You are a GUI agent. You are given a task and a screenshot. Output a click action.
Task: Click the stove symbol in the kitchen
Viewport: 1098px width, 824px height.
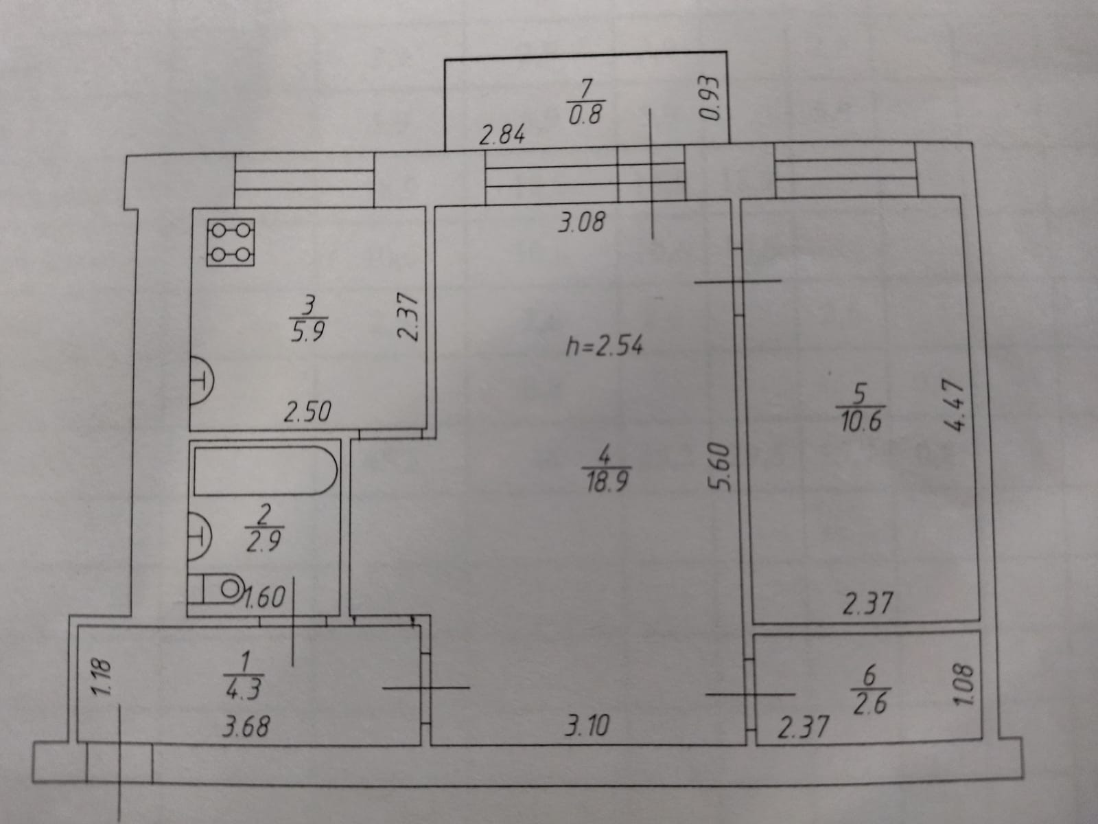231,242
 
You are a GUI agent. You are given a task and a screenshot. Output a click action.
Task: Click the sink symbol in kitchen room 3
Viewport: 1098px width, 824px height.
200,378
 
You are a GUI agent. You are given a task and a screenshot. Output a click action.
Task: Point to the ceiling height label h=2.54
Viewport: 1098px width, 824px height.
604,346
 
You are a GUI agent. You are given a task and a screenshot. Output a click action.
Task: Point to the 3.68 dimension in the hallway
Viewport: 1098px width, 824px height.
246,726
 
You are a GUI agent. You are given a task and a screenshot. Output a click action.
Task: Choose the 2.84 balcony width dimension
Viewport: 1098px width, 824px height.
502,135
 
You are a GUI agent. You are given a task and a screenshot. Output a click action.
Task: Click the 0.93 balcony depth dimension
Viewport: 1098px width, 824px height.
707,98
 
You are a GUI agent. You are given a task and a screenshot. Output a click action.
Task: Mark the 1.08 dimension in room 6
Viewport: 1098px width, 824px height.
963,685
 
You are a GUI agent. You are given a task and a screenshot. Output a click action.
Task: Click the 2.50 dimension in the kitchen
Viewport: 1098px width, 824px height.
307,412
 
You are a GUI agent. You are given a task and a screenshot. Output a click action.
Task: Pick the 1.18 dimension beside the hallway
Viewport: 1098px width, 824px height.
101,678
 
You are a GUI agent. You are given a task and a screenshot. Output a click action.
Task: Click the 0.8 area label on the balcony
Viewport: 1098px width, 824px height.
585,114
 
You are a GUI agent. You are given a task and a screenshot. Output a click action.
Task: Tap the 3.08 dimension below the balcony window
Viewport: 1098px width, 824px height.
582,222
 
